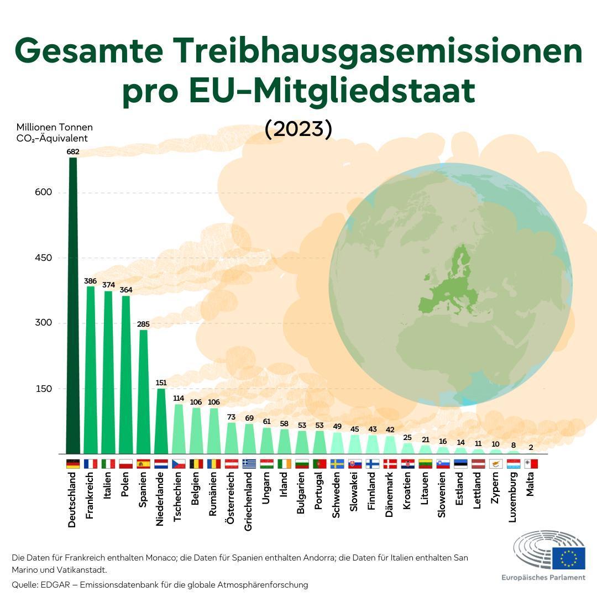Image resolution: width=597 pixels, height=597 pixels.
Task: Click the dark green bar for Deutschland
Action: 73,304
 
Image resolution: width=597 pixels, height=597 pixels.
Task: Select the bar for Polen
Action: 126,376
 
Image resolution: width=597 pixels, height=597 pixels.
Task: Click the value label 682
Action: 73,151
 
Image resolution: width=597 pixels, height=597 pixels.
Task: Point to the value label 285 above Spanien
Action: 143,324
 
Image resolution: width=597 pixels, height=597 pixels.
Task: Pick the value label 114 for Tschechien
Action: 179,398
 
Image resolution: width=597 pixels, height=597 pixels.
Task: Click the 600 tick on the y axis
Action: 44,192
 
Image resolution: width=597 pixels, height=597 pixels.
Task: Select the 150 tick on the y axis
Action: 44,389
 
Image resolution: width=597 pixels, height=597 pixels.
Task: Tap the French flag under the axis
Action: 91,464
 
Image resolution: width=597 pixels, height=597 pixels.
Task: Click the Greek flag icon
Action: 249,464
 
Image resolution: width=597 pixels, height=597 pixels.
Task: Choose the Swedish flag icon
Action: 337,464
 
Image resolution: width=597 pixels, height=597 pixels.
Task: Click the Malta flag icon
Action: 531,464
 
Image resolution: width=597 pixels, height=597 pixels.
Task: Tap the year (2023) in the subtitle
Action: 298,129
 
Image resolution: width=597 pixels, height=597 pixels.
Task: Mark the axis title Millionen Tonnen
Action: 55,128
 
